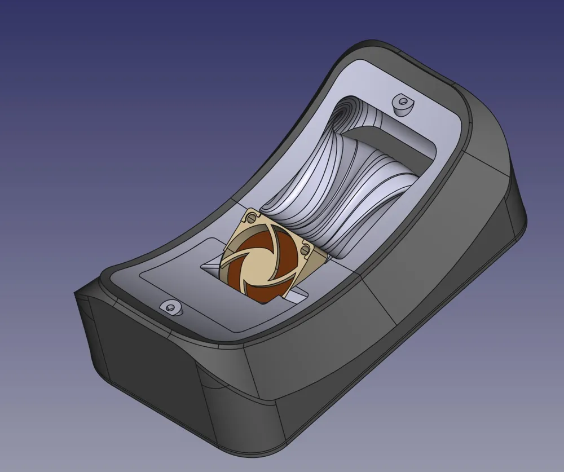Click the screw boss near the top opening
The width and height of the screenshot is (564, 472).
pos(402,103)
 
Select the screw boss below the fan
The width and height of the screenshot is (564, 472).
pos(170,307)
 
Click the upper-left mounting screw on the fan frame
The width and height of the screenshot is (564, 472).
pos(251,217)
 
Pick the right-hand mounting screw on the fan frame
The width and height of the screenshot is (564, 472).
pos(305,248)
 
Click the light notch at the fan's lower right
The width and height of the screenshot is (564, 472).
pos(299,294)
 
